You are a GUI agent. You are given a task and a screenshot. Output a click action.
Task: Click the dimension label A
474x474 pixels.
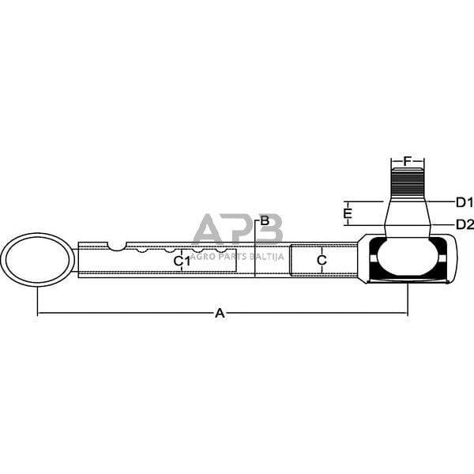(220, 314)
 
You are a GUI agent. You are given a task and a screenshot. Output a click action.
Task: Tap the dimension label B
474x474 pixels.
(265, 220)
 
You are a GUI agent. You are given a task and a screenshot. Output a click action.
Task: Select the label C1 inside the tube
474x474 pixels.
(182, 260)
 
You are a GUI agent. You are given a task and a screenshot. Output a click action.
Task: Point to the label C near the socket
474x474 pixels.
(322, 260)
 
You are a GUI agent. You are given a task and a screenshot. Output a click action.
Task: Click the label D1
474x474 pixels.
(464, 201)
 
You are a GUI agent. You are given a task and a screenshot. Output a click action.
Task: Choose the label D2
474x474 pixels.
(465, 224)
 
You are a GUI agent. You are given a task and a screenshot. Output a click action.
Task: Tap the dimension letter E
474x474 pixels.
(348, 213)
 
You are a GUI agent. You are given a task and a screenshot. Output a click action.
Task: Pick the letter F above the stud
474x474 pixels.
(408, 161)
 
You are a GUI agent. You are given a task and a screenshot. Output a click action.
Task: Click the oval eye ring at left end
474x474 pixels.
(37, 258)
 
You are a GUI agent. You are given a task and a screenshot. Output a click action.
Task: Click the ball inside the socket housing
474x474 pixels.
(408, 258)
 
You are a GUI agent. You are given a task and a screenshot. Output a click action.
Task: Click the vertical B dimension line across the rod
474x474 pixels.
(255, 253)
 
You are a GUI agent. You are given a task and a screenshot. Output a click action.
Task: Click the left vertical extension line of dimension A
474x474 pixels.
(37, 300)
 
